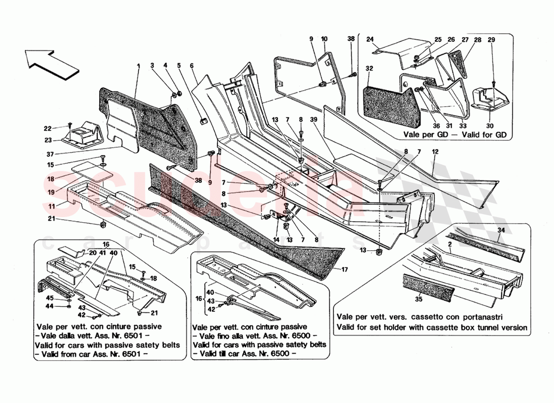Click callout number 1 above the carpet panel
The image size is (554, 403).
137,65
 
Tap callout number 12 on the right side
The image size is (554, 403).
434,152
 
